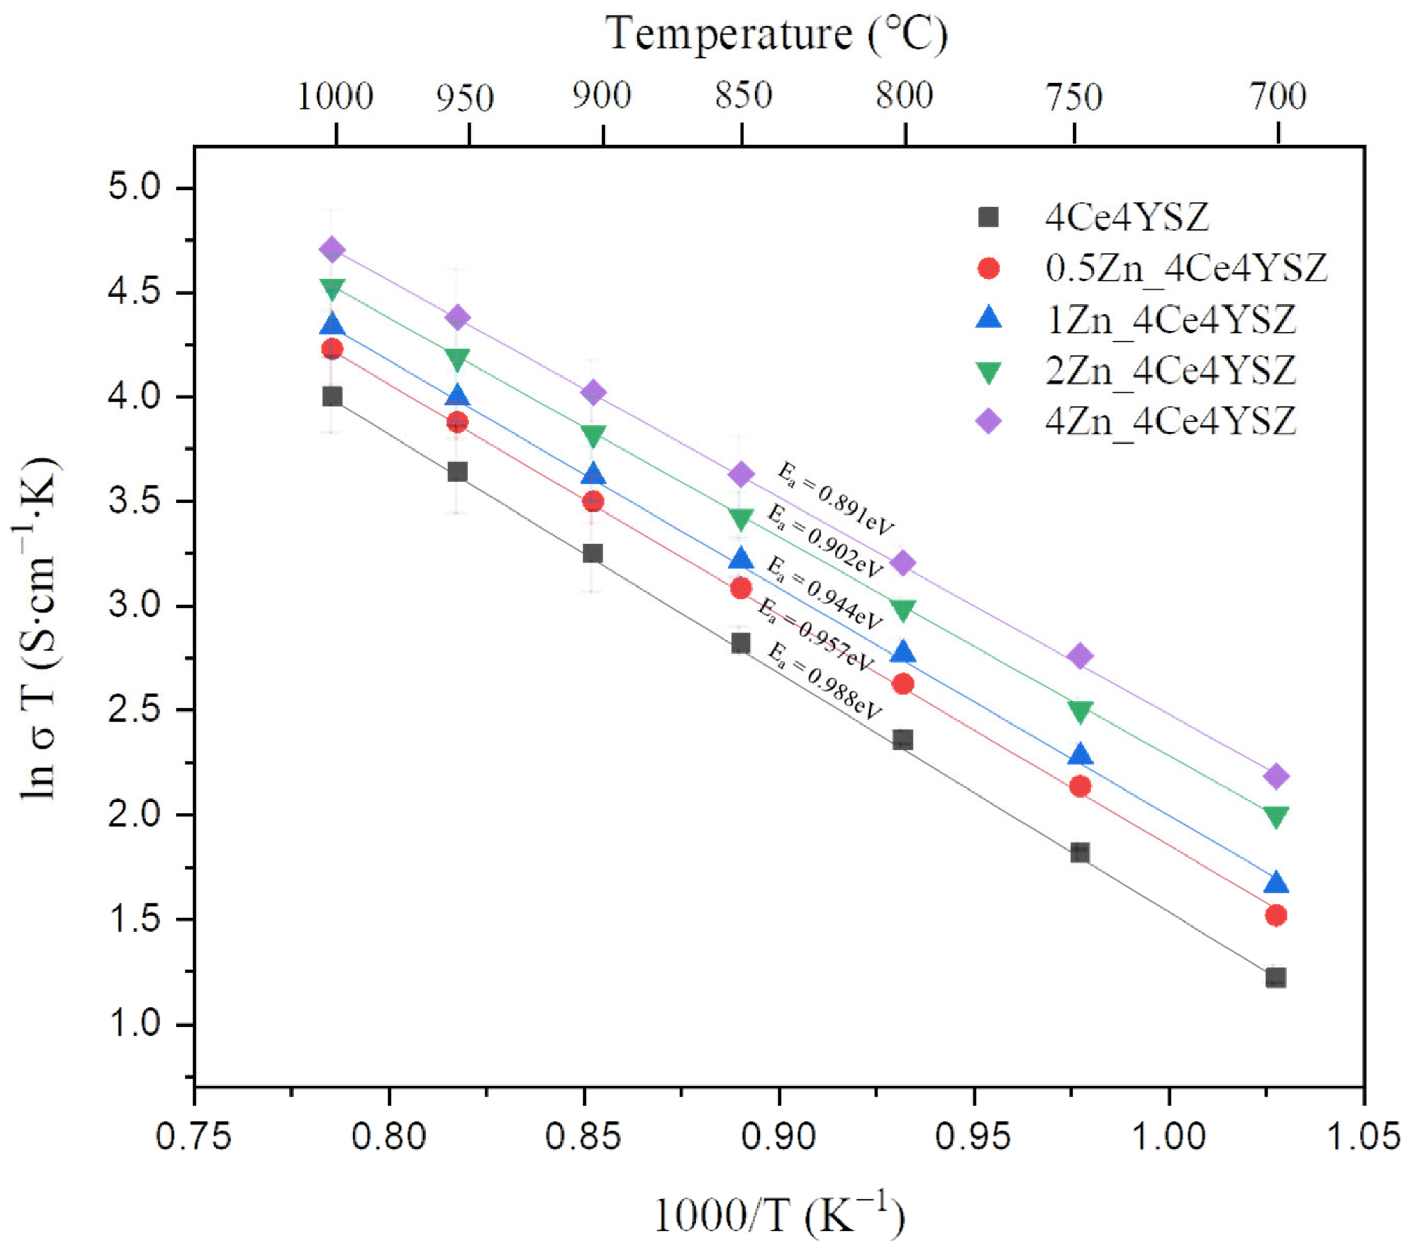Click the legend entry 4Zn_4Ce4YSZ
point(1169,421)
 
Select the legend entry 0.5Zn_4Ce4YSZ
point(1185,267)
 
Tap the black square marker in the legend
point(988,217)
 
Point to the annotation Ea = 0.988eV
point(824,681)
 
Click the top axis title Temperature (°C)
point(776,33)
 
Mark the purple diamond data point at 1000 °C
point(332,250)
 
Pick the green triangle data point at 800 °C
point(903,610)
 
